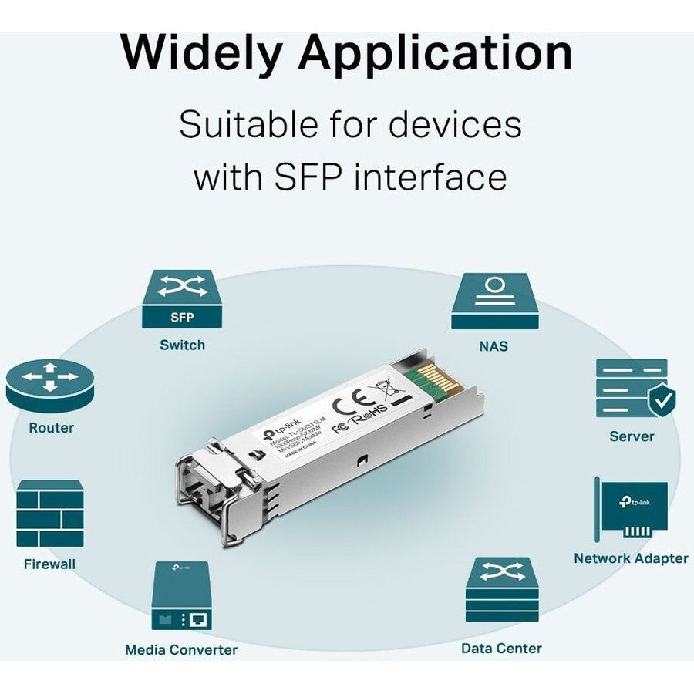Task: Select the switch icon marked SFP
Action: pyautogui.click(x=182, y=299)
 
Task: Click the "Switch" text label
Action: pyautogui.click(x=182, y=345)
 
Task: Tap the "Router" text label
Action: pyautogui.click(x=51, y=427)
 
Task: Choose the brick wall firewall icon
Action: pyautogui.click(x=50, y=513)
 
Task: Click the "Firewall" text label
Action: pyautogui.click(x=50, y=564)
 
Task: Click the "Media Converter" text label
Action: pyautogui.click(x=181, y=649)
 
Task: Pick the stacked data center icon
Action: pyautogui.click(x=502, y=589)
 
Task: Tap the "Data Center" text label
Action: pyautogui.click(x=501, y=648)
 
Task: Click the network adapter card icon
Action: pyautogui.click(x=630, y=509)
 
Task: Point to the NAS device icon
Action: pyautogui.click(x=494, y=302)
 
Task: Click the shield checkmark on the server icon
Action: pyautogui.click(x=661, y=399)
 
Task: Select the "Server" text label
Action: pyautogui.click(x=632, y=436)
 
